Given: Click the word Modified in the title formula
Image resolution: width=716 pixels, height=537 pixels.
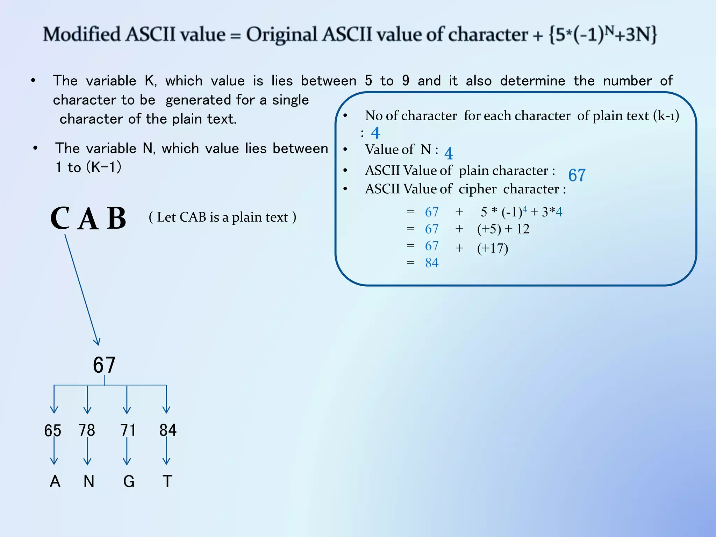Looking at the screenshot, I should (x=81, y=35).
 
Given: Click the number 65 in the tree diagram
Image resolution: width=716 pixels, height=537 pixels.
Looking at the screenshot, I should (x=52, y=430).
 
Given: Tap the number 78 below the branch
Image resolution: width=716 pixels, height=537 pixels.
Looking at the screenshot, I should (x=87, y=430).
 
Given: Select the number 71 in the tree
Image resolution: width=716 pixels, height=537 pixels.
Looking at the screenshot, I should (x=128, y=430).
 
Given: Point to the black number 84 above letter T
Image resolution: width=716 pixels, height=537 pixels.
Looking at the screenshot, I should (x=168, y=430).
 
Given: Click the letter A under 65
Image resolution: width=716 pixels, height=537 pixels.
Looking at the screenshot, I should (x=55, y=481).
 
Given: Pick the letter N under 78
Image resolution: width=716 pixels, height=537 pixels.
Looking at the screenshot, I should (x=89, y=481).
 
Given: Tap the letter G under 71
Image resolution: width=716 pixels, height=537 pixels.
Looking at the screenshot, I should (x=129, y=481).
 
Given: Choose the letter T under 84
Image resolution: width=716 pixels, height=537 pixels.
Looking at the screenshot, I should (x=167, y=481).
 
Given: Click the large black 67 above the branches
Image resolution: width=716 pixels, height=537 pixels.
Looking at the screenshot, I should (x=104, y=365).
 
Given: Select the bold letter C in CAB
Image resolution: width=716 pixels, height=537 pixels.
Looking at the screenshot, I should (x=60, y=218).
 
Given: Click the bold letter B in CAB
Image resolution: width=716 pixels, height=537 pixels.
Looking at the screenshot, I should (x=116, y=218).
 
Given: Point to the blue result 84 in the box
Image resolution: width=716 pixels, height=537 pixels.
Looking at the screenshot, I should (x=432, y=263).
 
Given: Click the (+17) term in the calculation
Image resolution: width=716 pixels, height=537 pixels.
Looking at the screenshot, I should (x=493, y=248).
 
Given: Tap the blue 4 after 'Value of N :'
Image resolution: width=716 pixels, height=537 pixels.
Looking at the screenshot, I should (x=449, y=153).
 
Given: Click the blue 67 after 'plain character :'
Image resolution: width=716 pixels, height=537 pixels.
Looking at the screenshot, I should (x=577, y=175).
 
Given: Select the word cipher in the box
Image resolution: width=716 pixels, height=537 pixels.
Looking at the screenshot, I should (x=477, y=189).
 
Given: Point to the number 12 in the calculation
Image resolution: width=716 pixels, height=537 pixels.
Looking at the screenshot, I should (x=523, y=229).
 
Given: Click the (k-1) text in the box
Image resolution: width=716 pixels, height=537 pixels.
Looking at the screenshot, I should (x=666, y=116).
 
